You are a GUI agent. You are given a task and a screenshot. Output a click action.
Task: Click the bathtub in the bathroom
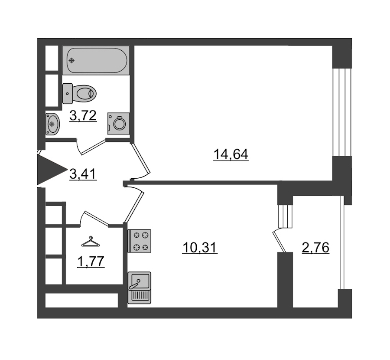(96, 60)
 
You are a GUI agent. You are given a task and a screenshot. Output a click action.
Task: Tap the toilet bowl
(84, 94)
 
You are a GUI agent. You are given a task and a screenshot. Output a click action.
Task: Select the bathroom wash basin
(52, 124)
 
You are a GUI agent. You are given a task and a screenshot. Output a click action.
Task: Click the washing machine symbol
(119, 124)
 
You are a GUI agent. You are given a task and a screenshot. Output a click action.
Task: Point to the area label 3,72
(83, 116)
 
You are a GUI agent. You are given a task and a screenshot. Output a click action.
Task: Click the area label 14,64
(231, 154)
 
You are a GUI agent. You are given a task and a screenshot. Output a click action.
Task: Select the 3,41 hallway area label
(83, 174)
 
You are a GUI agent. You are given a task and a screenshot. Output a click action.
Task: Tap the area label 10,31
(200, 248)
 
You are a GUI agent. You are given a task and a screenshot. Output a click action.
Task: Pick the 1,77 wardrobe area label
(91, 262)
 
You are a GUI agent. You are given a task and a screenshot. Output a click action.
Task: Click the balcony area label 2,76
(315, 248)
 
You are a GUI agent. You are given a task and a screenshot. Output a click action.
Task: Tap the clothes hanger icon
(91, 242)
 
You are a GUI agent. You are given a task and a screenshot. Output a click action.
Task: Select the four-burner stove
(139, 241)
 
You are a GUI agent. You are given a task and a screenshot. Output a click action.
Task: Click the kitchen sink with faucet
(139, 288)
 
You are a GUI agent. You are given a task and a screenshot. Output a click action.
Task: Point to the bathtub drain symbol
(72, 60)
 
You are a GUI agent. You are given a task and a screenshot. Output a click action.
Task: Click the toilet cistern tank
(68, 93)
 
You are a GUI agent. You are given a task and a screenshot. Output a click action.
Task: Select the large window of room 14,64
(342, 112)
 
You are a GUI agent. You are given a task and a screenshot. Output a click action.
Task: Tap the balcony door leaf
(279, 242)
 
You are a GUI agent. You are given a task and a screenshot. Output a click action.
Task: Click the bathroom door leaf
(93, 147)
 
